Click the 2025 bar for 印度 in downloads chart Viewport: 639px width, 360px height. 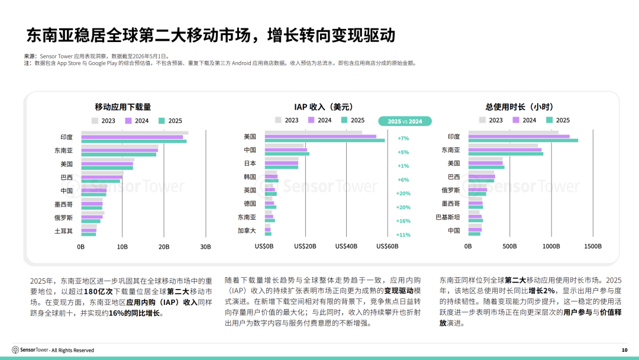[x=134, y=142]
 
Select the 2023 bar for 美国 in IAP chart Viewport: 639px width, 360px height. [x=314, y=132]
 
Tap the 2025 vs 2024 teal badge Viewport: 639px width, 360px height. [x=405, y=121]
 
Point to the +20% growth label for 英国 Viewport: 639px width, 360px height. [x=403, y=193]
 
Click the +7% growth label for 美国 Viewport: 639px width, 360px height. [x=403, y=138]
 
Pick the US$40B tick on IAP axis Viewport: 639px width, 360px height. [x=346, y=246]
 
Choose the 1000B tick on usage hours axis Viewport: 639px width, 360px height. [x=551, y=246]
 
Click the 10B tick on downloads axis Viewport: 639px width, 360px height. [x=122, y=247]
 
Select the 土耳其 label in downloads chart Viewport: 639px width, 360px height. [x=63, y=231]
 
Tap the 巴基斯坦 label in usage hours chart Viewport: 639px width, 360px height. [x=447, y=217]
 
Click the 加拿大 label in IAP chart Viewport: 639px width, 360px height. [x=247, y=231]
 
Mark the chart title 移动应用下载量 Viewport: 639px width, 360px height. [x=122, y=107]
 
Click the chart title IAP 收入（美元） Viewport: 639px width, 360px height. [x=324, y=107]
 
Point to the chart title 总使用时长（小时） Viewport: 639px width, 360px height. [x=519, y=107]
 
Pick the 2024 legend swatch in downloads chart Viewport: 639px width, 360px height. [x=128, y=121]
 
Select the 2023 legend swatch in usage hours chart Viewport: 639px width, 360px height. [x=483, y=120]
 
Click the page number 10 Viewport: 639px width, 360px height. [x=624, y=350]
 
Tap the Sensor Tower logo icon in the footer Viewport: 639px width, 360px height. [x=15, y=350]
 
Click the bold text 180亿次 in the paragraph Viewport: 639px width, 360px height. [x=98, y=291]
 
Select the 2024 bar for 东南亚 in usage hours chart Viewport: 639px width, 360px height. [x=505, y=150]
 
